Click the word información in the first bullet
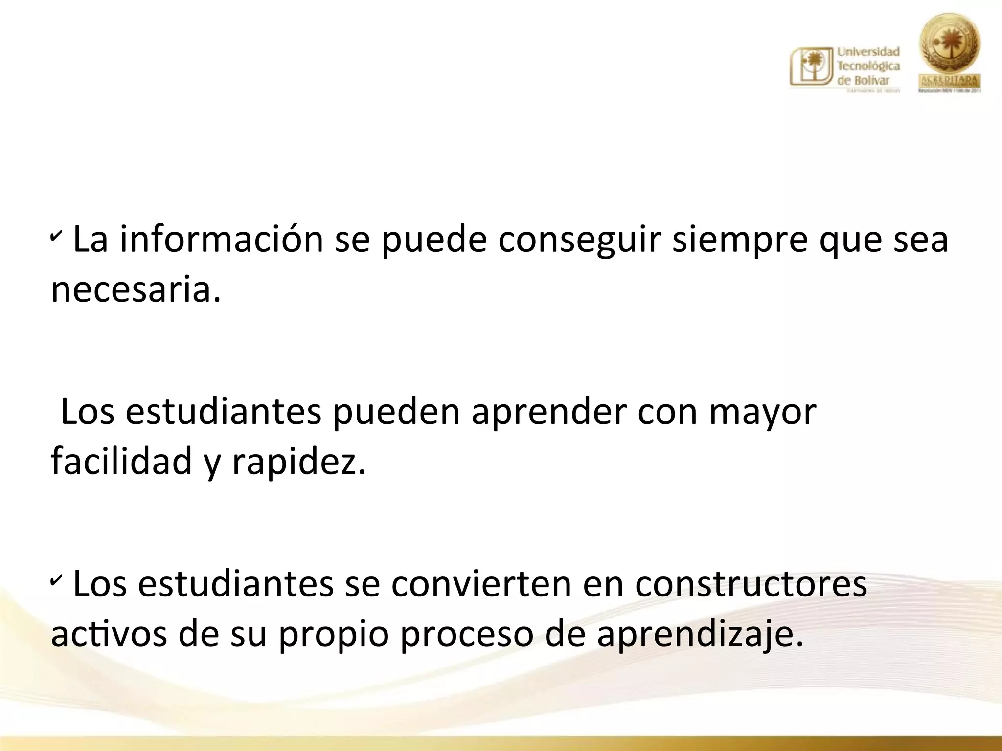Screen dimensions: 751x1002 point(222,240)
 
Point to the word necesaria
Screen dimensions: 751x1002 point(136,290)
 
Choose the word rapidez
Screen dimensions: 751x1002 point(298,463)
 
